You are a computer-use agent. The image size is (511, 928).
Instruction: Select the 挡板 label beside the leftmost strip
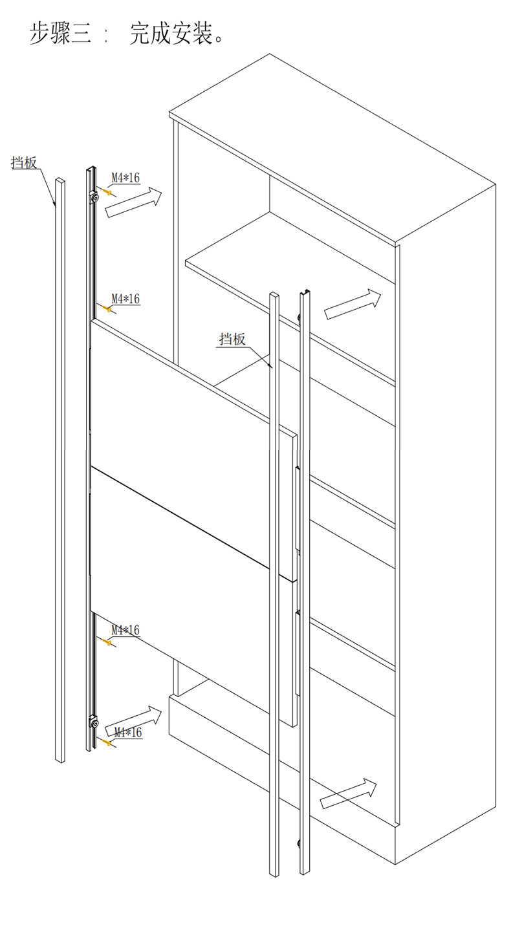click(25, 162)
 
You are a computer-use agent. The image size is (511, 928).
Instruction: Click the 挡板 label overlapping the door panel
click(232, 339)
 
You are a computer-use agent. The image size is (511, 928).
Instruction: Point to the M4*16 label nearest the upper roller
click(125, 177)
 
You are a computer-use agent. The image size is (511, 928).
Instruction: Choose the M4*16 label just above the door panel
click(125, 299)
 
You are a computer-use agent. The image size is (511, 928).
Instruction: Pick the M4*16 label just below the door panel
click(125, 630)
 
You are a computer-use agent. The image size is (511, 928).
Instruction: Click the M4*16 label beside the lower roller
click(127, 733)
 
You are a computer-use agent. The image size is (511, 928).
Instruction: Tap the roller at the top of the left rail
click(94, 197)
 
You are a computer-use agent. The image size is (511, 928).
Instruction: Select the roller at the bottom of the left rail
click(94, 723)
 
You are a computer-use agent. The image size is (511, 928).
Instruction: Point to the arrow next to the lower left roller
click(133, 720)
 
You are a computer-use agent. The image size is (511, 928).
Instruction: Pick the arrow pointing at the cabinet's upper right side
click(353, 303)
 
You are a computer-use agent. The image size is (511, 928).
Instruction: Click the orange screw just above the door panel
click(108, 310)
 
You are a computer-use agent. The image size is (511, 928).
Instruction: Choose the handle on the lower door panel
click(298, 653)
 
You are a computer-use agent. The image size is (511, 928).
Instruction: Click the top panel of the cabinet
click(330, 149)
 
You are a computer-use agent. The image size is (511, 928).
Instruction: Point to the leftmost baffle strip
click(60, 466)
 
